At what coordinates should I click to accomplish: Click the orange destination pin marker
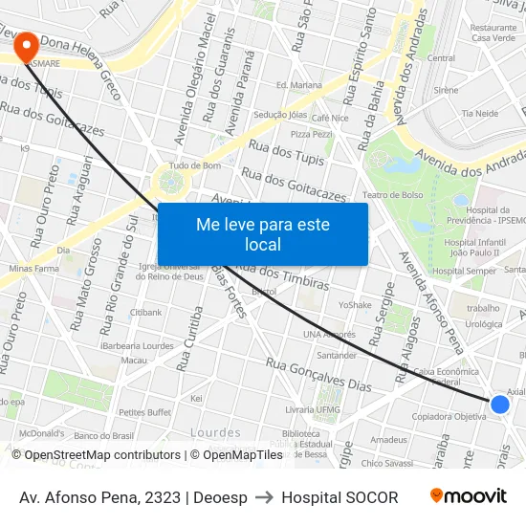pyautogui.click(x=25, y=45)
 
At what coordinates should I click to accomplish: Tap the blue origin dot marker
pyautogui.click(x=499, y=405)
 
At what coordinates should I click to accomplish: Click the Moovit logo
pyautogui.click(x=468, y=496)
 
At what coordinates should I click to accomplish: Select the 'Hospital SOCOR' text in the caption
pyautogui.click(x=340, y=497)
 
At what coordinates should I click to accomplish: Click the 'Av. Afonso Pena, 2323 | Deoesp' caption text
pyautogui.click(x=133, y=497)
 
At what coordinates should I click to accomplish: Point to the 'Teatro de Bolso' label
pyautogui.click(x=392, y=195)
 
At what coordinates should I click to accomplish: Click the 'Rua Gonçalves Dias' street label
pyautogui.click(x=318, y=375)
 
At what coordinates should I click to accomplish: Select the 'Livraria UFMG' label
pyautogui.click(x=313, y=409)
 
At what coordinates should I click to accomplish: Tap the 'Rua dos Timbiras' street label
pyautogui.click(x=295, y=277)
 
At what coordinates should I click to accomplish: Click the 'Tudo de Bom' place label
pyautogui.click(x=195, y=165)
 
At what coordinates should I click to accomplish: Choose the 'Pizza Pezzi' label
pyautogui.click(x=312, y=134)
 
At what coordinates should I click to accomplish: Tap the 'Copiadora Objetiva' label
pyautogui.click(x=449, y=417)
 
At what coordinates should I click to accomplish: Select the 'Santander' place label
pyautogui.click(x=336, y=355)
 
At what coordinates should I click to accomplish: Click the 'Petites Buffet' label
pyautogui.click(x=144, y=412)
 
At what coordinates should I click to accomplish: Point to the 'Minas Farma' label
pyautogui.click(x=33, y=270)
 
